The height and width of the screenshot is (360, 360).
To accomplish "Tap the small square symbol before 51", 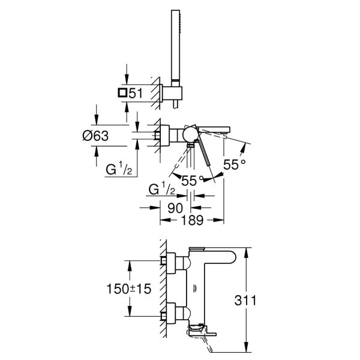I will [x=122, y=93].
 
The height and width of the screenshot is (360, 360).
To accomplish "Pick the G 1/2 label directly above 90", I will [x=161, y=190].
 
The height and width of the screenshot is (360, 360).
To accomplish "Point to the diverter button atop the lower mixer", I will [x=196, y=248].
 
